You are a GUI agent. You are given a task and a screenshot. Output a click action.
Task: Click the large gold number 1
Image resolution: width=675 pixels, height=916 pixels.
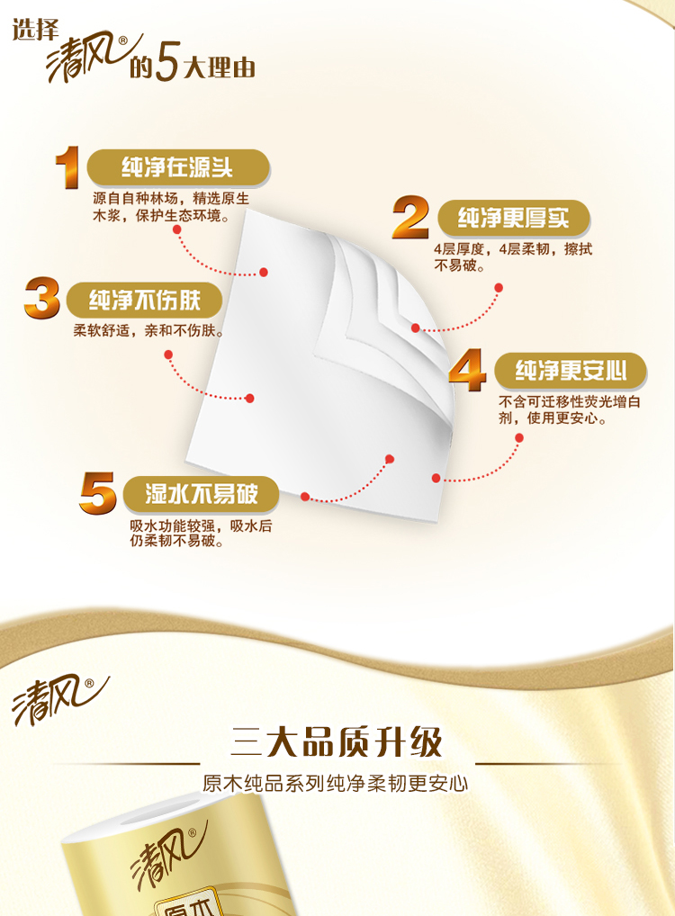pos(68,167)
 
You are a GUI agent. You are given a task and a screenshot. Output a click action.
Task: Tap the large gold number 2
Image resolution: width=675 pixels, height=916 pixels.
pos(410,217)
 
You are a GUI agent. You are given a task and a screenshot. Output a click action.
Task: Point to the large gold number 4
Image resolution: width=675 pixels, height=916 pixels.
pos(467,369)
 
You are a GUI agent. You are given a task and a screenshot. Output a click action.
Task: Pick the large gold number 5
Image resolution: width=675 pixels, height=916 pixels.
pos(97,493)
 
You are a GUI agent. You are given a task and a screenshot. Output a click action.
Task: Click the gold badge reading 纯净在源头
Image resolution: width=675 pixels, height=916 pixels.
pos(177,167)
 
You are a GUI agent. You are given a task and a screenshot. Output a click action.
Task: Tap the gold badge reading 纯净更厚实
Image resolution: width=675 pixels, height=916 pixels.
pos(514,218)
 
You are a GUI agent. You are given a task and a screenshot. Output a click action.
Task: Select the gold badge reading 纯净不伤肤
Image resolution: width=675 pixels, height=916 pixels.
pos(144,301)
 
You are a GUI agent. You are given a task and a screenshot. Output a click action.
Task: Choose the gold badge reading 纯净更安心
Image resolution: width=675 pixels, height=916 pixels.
pos(571,371)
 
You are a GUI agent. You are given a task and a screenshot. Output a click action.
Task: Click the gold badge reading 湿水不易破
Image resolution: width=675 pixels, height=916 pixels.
pos(201,494)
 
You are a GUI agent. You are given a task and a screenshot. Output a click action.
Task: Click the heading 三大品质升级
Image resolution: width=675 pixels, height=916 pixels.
pos(337,742)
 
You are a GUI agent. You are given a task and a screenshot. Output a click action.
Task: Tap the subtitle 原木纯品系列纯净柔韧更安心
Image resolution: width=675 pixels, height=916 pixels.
pos(336,784)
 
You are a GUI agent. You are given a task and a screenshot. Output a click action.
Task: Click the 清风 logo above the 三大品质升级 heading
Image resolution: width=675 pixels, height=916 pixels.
pos(59,700)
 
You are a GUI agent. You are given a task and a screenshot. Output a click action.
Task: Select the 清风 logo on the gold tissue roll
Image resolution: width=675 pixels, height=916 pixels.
pos(169,856)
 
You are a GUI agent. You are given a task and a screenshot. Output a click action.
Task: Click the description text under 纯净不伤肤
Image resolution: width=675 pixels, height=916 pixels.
pos(148,330)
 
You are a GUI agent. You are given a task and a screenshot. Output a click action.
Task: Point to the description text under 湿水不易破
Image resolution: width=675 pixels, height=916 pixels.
pos(201,533)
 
